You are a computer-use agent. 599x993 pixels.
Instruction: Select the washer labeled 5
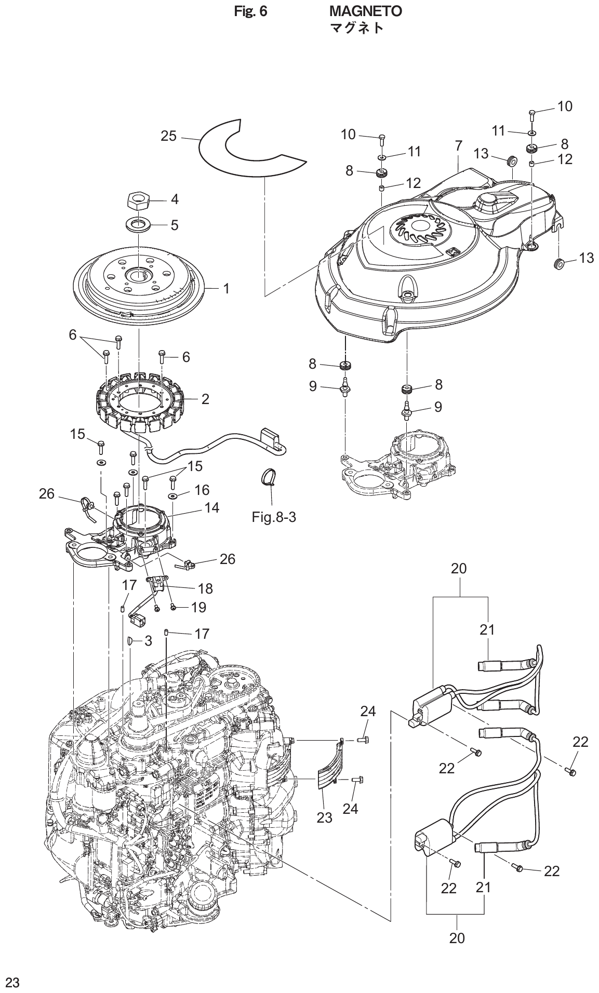pyautogui.click(x=139, y=225)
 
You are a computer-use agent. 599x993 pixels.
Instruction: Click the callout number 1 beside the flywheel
pyautogui.click(x=227, y=288)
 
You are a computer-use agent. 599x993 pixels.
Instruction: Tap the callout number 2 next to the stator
pyautogui.click(x=205, y=399)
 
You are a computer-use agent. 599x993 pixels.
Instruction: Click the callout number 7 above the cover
pyautogui.click(x=458, y=146)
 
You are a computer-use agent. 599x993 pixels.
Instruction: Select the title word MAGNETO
pyautogui.click(x=366, y=11)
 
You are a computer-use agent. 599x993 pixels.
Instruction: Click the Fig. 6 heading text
pyautogui.click(x=251, y=11)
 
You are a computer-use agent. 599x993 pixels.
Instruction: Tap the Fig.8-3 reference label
pyautogui.click(x=274, y=518)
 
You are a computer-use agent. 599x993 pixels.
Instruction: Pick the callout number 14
pyautogui.click(x=212, y=507)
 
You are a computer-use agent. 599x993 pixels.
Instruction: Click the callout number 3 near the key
pyautogui.click(x=148, y=641)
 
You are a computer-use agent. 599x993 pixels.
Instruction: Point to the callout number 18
pyautogui.click(x=205, y=588)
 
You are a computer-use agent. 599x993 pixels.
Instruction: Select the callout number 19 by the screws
pyautogui.click(x=198, y=607)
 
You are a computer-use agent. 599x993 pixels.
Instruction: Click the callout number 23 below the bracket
pyautogui.click(x=324, y=817)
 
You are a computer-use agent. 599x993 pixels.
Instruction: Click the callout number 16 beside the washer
pyautogui.click(x=202, y=490)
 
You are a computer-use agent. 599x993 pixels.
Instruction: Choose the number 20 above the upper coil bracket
pyautogui.click(x=459, y=569)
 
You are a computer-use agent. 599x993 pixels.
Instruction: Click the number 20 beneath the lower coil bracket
pyautogui.click(x=457, y=938)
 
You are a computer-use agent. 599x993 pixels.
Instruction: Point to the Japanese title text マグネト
pyautogui.click(x=357, y=28)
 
